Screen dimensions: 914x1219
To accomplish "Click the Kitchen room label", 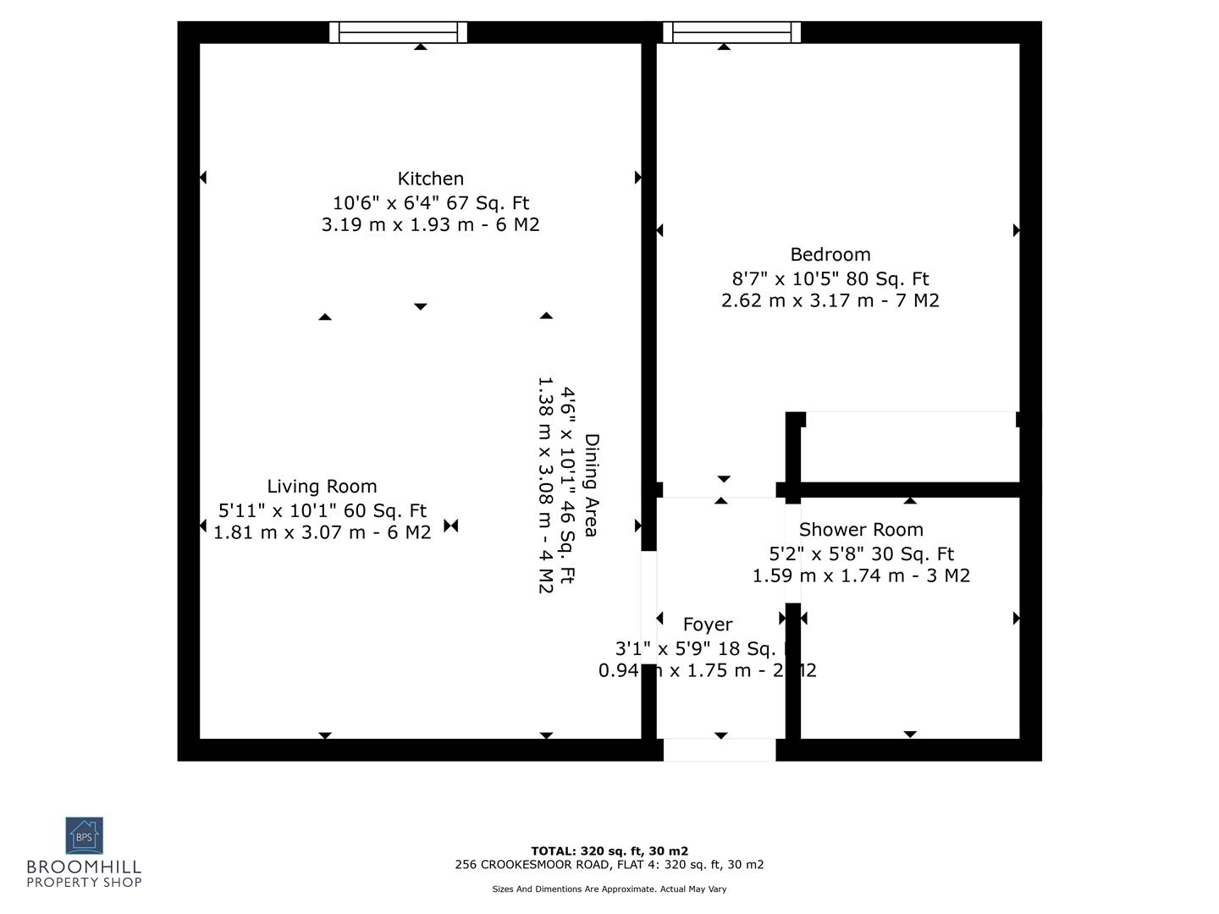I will pos(431,179).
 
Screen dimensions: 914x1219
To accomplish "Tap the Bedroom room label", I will pos(830,254).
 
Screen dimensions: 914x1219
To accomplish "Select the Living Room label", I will pos(322,487).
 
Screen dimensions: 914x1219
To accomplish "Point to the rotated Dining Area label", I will pos(591,486).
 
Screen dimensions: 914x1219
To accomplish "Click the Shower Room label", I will pos(861,530).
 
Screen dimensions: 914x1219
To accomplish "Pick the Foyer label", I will pos(707,625).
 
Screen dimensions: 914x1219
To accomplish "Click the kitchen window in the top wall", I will pos(398,33).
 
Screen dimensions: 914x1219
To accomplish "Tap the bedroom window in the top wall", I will pos(731,33).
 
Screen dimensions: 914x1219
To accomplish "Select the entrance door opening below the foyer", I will pos(719,750).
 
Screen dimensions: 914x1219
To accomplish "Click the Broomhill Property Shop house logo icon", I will pos(84,835).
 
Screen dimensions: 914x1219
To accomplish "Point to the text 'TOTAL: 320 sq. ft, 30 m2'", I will pos(609,851).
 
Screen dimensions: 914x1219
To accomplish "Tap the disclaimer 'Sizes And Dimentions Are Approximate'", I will pos(609,889).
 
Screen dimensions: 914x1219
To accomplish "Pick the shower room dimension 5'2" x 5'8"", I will pos(861,554).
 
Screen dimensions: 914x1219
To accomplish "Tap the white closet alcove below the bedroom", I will pos(910,447).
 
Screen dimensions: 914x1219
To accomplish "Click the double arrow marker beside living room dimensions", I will pos(451,526).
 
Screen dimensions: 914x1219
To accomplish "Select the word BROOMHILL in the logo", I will pos(84,867).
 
